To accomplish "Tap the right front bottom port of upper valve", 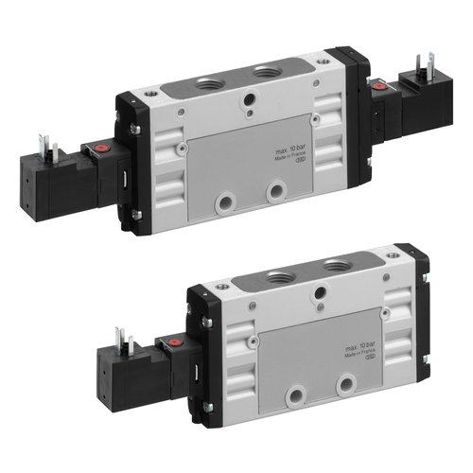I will (275, 194).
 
